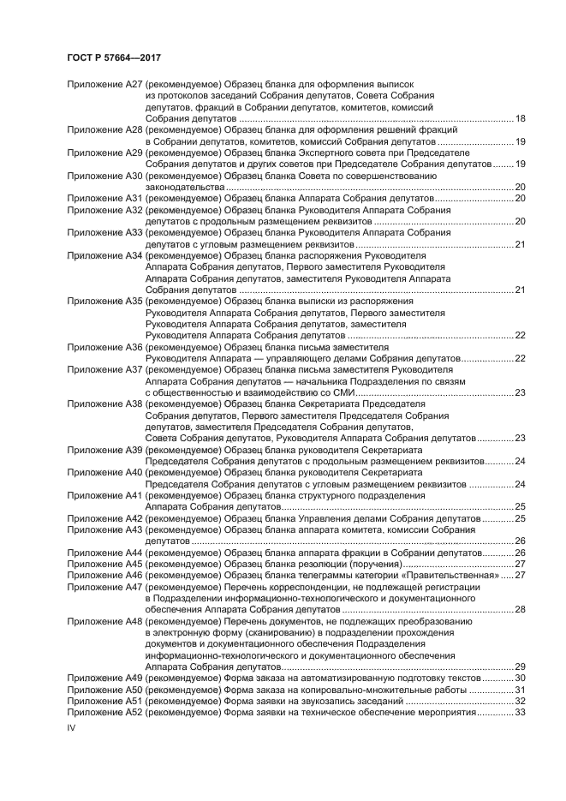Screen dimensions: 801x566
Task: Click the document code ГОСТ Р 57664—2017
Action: click(114, 57)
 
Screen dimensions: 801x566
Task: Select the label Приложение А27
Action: click(104, 85)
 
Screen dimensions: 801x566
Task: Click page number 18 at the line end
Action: click(520, 118)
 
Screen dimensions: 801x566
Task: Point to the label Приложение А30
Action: click(104, 175)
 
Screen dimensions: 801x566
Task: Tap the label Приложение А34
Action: click(104, 255)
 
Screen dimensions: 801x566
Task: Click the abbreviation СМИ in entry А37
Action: click(340, 392)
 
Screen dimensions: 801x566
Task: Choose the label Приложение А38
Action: click(104, 403)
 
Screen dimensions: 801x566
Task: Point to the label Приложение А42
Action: click(104, 518)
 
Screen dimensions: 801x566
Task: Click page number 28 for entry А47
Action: click(520, 609)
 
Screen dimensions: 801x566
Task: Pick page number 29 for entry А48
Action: click(520, 667)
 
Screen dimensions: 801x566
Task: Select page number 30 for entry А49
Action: click(520, 678)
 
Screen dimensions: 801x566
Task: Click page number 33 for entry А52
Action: click(520, 712)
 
